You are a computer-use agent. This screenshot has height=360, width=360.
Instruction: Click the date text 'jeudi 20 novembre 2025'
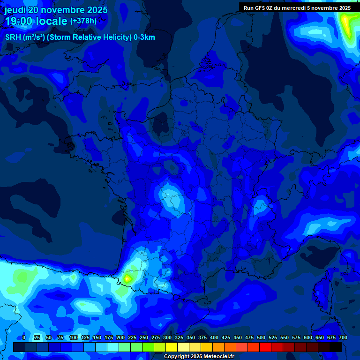pos(56,10)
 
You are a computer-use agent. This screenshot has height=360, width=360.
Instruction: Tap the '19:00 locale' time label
pos(36,21)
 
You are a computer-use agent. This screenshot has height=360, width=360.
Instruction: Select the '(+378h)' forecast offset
pos(83,21)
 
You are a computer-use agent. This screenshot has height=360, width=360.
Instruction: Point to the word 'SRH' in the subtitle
pos(13,37)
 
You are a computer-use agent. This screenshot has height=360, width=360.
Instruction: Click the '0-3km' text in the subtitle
pos(144,37)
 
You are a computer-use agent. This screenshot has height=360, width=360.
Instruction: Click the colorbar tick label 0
pos(24,337)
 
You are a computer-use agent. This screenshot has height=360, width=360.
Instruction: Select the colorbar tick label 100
pos(74,337)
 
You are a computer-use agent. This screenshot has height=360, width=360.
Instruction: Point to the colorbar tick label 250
pos(144,337)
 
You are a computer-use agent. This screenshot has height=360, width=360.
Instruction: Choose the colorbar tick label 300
pos(167,337)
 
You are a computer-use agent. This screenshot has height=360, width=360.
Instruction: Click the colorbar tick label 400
pos(214,337)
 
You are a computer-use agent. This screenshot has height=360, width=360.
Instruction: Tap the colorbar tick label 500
pos(261,337)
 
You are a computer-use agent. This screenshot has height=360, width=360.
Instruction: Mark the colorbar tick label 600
pos(308,337)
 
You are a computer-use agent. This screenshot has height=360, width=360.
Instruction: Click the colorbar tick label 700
pos(343,337)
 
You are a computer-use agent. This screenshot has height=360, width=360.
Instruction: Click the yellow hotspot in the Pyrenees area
pos(127,278)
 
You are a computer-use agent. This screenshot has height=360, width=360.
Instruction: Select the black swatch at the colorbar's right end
pos(336,347)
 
